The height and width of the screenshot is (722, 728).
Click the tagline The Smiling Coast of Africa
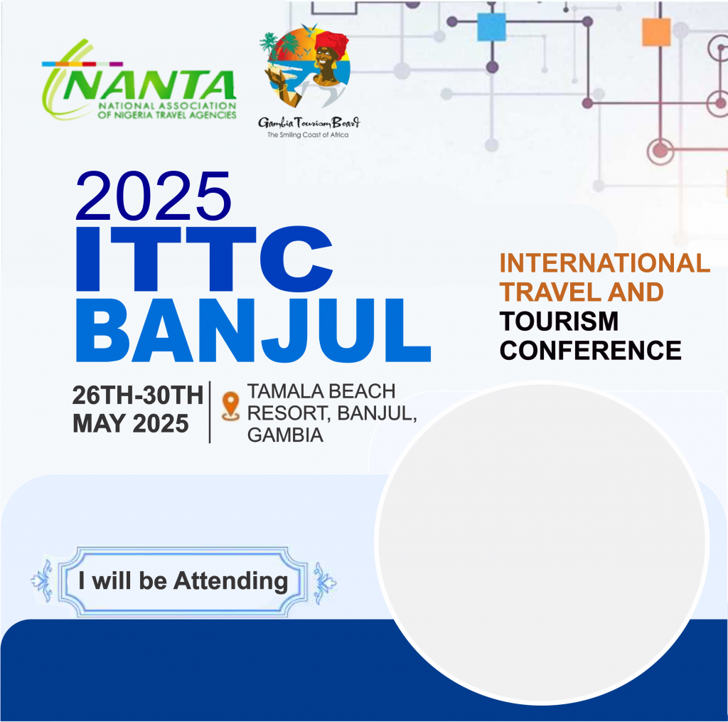[308, 134]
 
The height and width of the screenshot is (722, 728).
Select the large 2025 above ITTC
[154, 196]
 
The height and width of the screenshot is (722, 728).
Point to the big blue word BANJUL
[254, 330]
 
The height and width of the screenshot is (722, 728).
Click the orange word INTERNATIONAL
[604, 263]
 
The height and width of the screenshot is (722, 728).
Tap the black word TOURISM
[559, 321]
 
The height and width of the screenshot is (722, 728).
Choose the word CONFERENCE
[590, 350]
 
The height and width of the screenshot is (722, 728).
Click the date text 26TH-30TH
[138, 395]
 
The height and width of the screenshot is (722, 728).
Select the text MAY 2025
[131, 424]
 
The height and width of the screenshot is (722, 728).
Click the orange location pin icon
[231, 406]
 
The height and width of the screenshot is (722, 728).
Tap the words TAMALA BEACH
[321, 391]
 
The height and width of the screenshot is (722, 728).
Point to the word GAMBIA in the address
[285, 435]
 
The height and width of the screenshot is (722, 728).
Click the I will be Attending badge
[183, 582]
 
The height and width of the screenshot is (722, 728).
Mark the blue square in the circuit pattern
[492, 27]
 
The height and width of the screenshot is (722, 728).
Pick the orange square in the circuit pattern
[656, 32]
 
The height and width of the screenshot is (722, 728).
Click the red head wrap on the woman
[331, 41]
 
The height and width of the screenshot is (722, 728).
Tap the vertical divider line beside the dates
[210, 413]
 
